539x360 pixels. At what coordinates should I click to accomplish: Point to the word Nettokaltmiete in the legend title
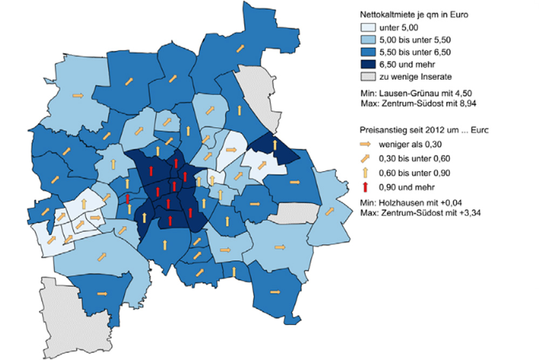pyautogui.click(x=384, y=15)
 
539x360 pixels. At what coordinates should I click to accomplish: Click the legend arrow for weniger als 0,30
pyautogui.click(x=366, y=144)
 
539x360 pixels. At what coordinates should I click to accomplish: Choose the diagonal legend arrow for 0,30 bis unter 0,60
pyautogui.click(x=366, y=158)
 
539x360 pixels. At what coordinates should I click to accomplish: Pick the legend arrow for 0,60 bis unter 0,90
pyautogui.click(x=366, y=172)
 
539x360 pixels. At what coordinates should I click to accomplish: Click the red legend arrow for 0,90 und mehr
pyautogui.click(x=366, y=187)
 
